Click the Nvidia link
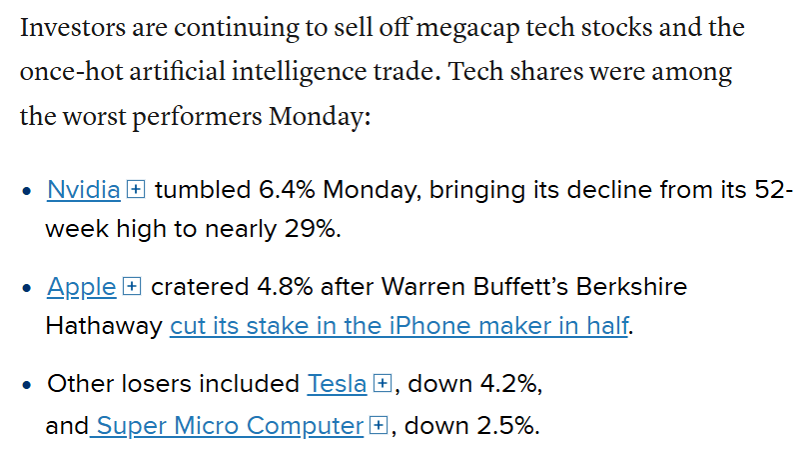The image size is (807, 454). pos(83,190)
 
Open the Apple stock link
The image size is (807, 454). pos(81,287)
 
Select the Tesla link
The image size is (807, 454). pos(337,384)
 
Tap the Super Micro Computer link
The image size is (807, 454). pos(229,426)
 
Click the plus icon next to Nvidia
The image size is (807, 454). pos(137,190)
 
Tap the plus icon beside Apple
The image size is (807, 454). pos(132,287)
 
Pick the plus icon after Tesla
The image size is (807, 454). pos(382,384)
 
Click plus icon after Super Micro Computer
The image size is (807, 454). pos(378,426)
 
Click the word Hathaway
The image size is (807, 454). pos(104,326)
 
